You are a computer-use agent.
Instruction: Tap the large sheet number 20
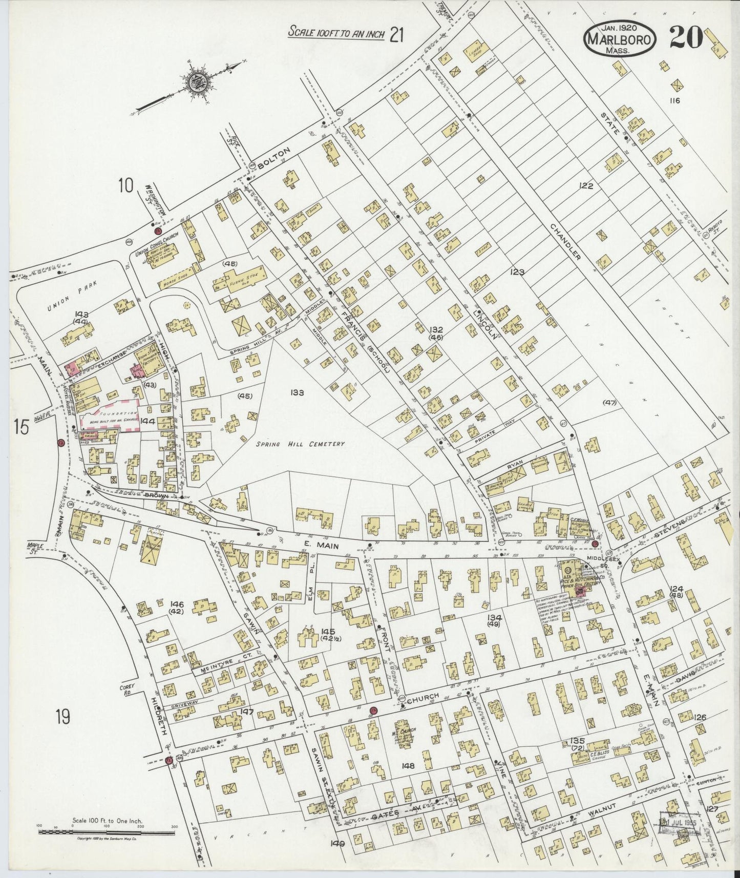pyautogui.click(x=685, y=37)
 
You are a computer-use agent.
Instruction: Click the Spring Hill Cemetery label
pyautogui.click(x=300, y=444)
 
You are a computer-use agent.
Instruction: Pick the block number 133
pyautogui.click(x=297, y=393)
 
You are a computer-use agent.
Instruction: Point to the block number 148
pyautogui.click(x=409, y=766)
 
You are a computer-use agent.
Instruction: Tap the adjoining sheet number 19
pyautogui.click(x=62, y=717)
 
